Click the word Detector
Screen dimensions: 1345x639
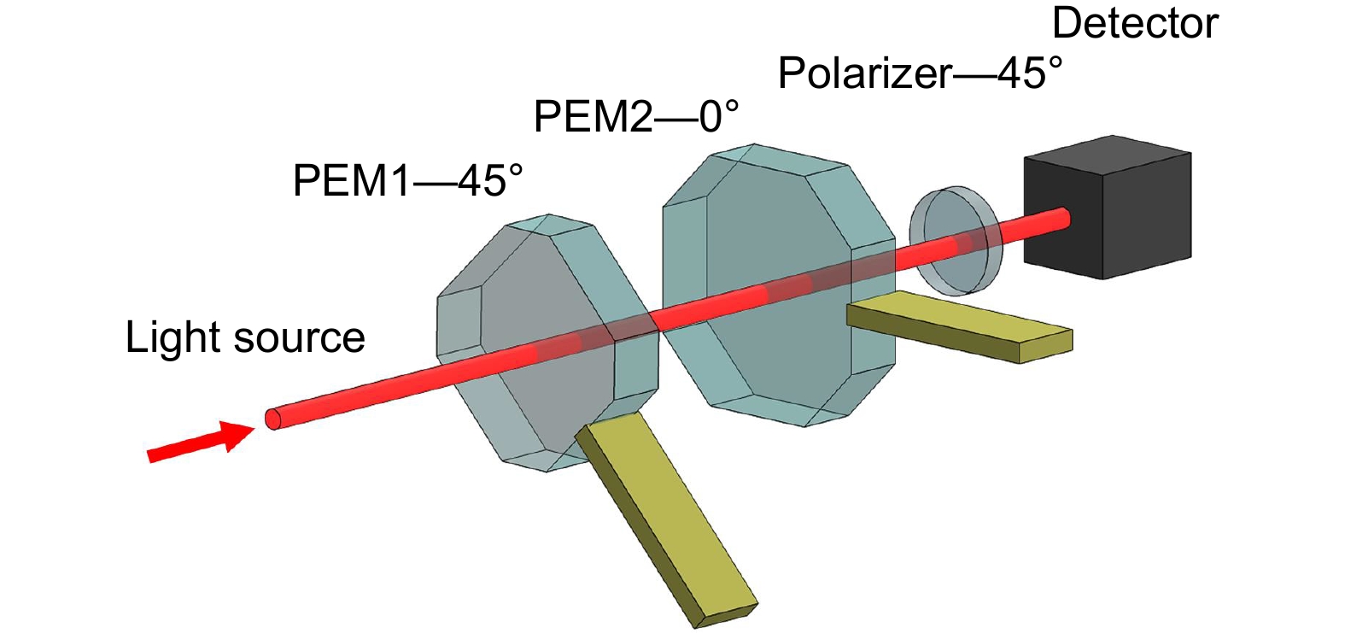[1135, 24]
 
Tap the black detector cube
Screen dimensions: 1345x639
[1108, 208]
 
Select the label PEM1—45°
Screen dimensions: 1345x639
[407, 180]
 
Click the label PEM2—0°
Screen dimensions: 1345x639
[636, 116]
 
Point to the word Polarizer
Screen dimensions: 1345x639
[864, 74]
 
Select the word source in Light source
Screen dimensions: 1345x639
[299, 339]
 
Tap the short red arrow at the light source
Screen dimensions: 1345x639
[202, 442]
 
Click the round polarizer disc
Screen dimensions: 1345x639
[956, 241]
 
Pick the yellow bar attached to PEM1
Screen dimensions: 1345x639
[666, 519]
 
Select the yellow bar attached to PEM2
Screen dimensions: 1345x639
[960, 326]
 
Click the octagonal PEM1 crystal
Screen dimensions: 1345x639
[547, 343]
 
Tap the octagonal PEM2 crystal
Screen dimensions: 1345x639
[780, 285]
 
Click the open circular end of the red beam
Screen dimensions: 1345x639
[272, 419]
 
